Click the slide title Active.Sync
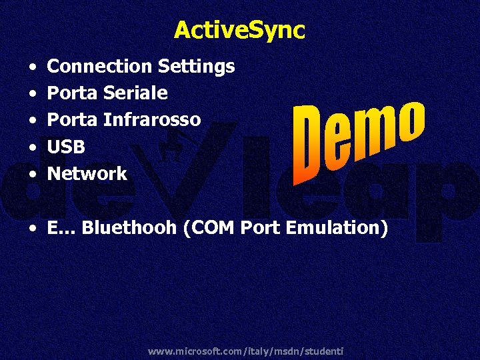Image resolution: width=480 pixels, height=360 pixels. pyautogui.click(x=239, y=30)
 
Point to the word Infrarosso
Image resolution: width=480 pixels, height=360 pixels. pyautogui.click(x=151, y=119)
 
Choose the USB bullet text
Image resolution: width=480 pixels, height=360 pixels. pyautogui.click(x=67, y=147)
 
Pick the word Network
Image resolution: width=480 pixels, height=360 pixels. pyautogui.click(x=87, y=173)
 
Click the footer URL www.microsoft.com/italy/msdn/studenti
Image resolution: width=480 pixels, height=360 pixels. pyautogui.click(x=245, y=350)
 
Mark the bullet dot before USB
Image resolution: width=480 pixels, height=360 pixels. pyautogui.click(x=33, y=147)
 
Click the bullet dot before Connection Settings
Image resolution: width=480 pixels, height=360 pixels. pyautogui.click(x=33, y=67)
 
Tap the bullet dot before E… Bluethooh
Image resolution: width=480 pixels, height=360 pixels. pyautogui.click(x=33, y=228)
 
